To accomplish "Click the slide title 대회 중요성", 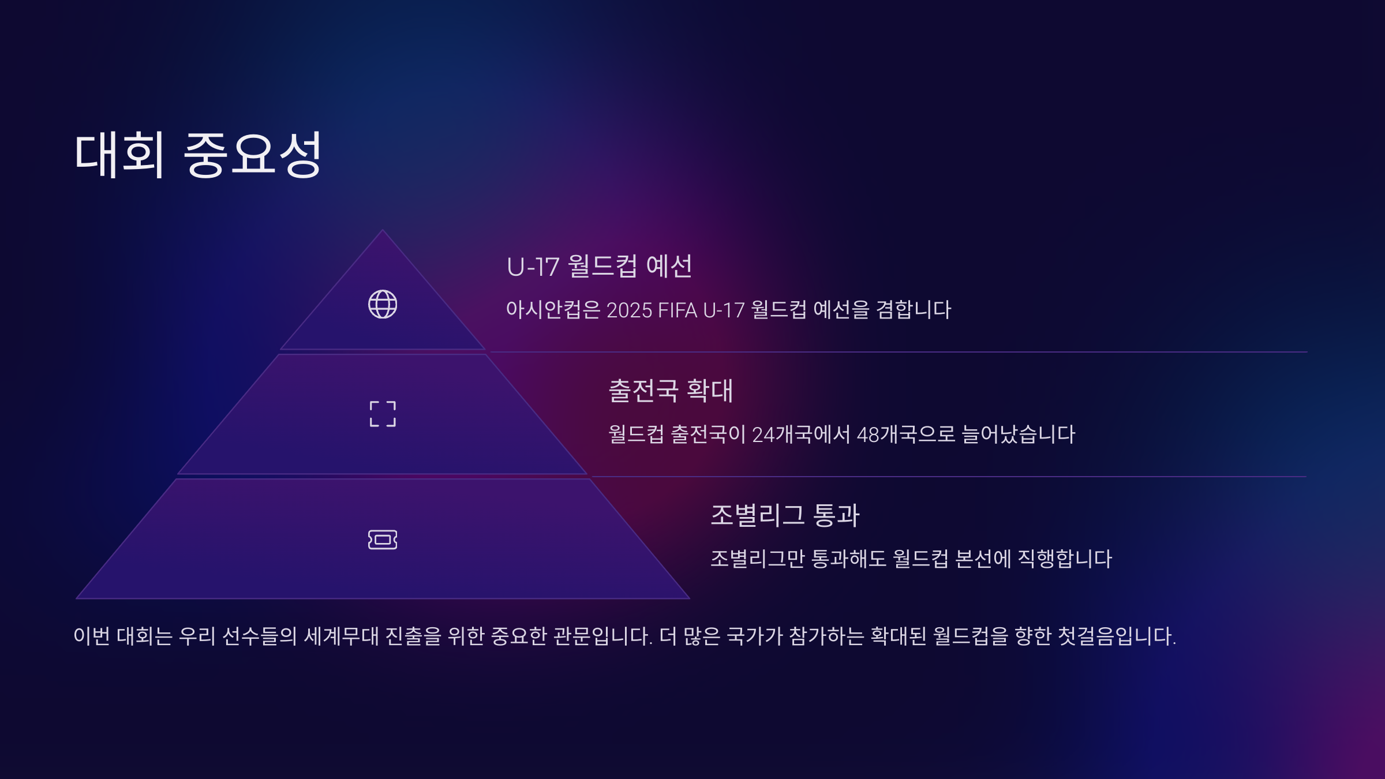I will (198, 154).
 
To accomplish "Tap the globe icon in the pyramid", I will (383, 304).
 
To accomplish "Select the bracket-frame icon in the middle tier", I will (383, 414).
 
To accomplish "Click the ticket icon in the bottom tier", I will (383, 540).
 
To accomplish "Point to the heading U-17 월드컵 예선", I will (599, 267).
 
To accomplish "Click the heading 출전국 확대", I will (671, 391).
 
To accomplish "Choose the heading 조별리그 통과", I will (785, 515).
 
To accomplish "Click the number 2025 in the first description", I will (629, 310).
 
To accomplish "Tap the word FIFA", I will (677, 310).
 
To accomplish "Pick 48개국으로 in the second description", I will (906, 435).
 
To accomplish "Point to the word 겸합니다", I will (913, 310).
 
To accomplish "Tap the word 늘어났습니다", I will (1019, 435).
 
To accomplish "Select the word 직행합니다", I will (1065, 559).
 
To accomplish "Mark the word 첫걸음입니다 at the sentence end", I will (1117, 636).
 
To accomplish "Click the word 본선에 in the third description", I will (983, 559).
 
